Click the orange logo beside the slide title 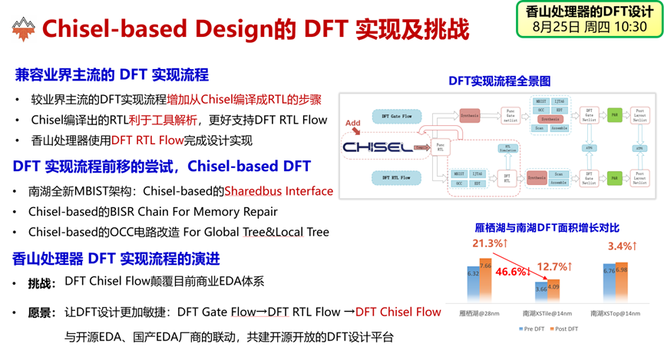(24, 28)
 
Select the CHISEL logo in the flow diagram (377, 147)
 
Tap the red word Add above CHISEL (352, 123)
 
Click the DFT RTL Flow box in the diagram (396, 178)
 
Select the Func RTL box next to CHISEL (440, 147)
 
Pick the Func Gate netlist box (510, 116)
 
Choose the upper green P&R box (614, 116)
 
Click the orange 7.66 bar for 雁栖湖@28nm (486, 281)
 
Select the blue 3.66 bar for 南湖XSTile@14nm (541, 292)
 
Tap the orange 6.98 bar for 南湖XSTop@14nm (621, 282)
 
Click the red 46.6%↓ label (514, 272)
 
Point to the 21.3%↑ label (488, 243)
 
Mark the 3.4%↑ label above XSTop (622, 246)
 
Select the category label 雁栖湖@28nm (480, 313)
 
